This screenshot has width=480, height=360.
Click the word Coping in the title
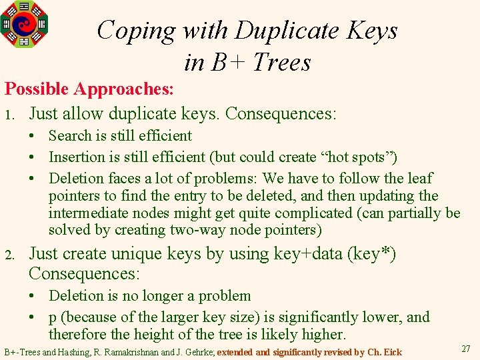pyautogui.click(x=136, y=31)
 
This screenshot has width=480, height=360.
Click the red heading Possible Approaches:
pyautogui.click(x=89, y=89)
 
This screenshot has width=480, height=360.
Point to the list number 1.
pyautogui.click(x=9, y=115)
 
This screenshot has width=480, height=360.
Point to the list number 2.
pyautogui.click(x=9, y=255)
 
